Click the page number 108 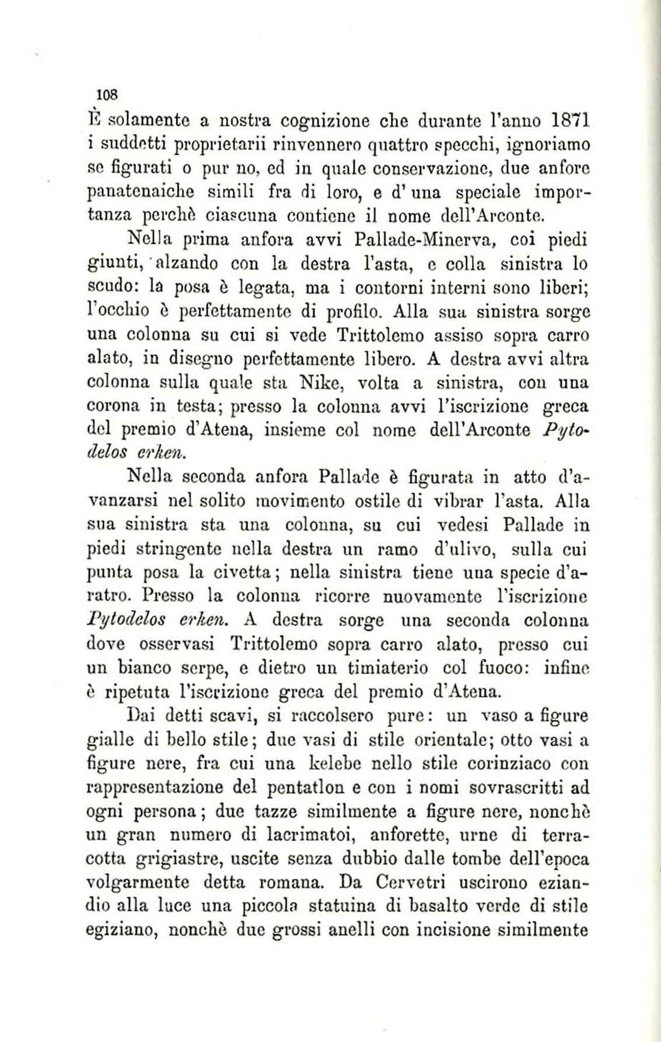[x=108, y=93]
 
